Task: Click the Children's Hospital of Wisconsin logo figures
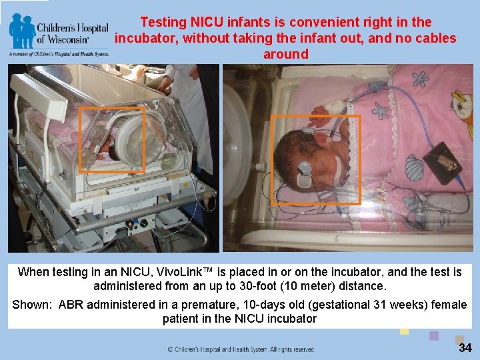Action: click(x=22, y=30)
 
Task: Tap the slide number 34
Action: click(x=464, y=347)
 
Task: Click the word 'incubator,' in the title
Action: click(x=146, y=38)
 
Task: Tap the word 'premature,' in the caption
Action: click(x=191, y=305)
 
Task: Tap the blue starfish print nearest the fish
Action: click(x=421, y=78)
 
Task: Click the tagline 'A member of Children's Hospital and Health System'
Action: click(x=59, y=53)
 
